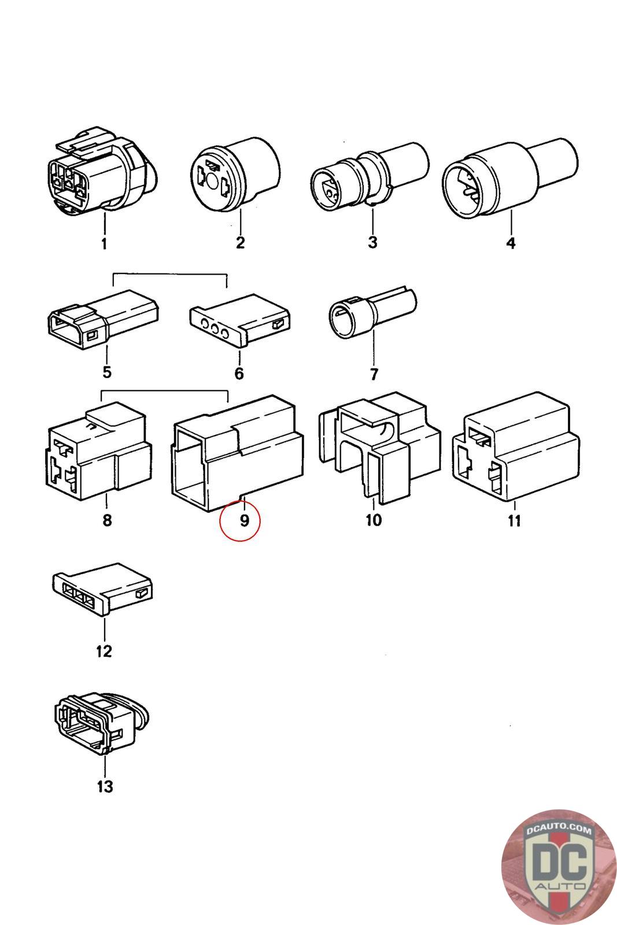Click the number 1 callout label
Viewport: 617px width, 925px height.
[x=104, y=243]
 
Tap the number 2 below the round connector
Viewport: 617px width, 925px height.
[x=240, y=242]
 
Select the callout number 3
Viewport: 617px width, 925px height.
[x=372, y=242]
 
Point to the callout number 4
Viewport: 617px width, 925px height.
[x=511, y=243]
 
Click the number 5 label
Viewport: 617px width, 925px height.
[x=107, y=372]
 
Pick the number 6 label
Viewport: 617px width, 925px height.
[x=239, y=373]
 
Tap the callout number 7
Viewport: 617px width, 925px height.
[x=374, y=374]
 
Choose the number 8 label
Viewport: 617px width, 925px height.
[x=107, y=520]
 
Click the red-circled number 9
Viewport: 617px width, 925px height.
[x=244, y=520]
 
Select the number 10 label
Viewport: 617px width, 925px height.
[x=374, y=520]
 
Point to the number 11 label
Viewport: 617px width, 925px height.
[x=514, y=520]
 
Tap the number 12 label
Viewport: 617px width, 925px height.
[x=104, y=651]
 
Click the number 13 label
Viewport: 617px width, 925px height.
[x=105, y=786]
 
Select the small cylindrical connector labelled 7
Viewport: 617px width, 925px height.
[x=372, y=313]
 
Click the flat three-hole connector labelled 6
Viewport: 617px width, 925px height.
[x=240, y=321]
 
